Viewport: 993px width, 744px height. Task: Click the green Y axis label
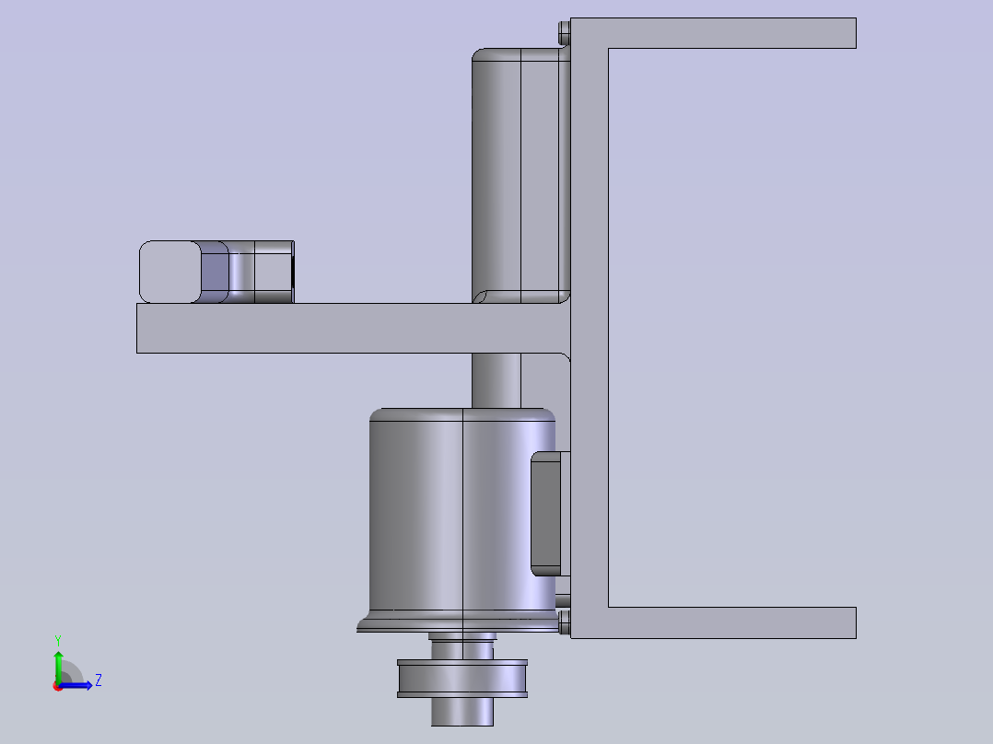click(x=58, y=640)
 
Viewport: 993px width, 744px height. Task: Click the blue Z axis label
click(x=99, y=680)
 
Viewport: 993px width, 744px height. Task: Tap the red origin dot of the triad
click(x=58, y=686)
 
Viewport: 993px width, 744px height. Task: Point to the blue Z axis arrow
click(x=76, y=685)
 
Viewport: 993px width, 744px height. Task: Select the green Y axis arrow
click(x=58, y=668)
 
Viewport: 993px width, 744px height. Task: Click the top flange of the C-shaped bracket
click(x=713, y=33)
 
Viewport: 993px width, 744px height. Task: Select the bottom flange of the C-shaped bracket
click(x=713, y=622)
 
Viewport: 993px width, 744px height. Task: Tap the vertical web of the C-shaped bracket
click(x=590, y=328)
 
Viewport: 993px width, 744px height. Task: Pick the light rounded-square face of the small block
click(x=170, y=272)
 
